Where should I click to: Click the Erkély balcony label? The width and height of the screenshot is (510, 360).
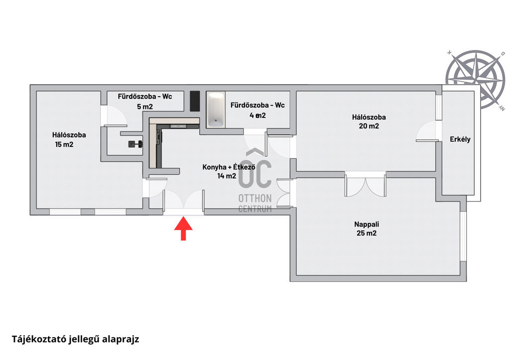459,139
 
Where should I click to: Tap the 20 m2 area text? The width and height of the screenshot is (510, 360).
368,126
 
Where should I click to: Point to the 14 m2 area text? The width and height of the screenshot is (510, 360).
226,175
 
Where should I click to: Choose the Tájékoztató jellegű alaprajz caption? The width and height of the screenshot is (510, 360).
75,340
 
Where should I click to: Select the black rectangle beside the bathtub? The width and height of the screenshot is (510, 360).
195,102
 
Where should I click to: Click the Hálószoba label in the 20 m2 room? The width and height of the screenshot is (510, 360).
369,118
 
